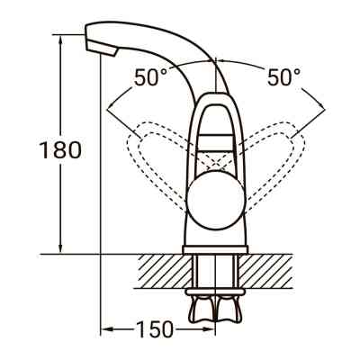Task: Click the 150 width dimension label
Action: pyautogui.click(x=156, y=330)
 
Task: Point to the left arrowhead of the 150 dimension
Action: pyautogui.click(x=103, y=330)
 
